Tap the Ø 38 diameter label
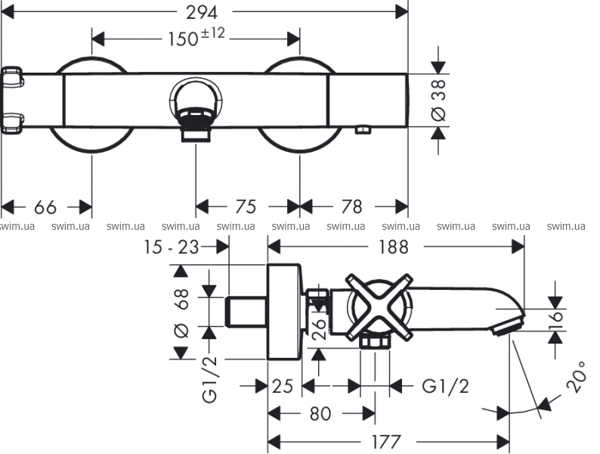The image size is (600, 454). tap(438, 101)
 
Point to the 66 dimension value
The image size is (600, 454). tap(45, 207)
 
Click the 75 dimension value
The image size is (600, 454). tap(246, 207)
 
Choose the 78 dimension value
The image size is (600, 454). tap(351, 207)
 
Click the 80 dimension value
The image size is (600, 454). tap(320, 414)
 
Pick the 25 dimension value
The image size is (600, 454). tap(282, 387)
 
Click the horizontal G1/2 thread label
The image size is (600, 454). tap(445, 387)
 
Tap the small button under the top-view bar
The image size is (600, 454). tap(363, 130)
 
